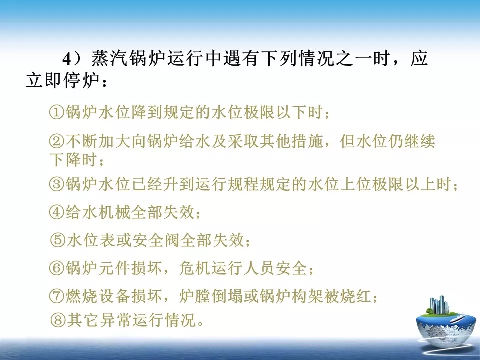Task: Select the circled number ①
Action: [x=57, y=112]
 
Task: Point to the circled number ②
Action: [x=57, y=141]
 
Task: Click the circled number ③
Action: [x=57, y=184]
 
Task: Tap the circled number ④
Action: [x=57, y=212]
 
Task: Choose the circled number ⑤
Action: [x=57, y=240]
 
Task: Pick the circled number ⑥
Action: [x=57, y=268]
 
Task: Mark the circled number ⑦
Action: [x=57, y=296]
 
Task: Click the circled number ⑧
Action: [x=57, y=320]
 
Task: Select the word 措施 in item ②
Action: [x=307, y=141]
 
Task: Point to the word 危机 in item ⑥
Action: [x=194, y=268]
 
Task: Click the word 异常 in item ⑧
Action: [x=115, y=320]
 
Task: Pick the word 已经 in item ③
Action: [x=147, y=184]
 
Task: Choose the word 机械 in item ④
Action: [x=115, y=212]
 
